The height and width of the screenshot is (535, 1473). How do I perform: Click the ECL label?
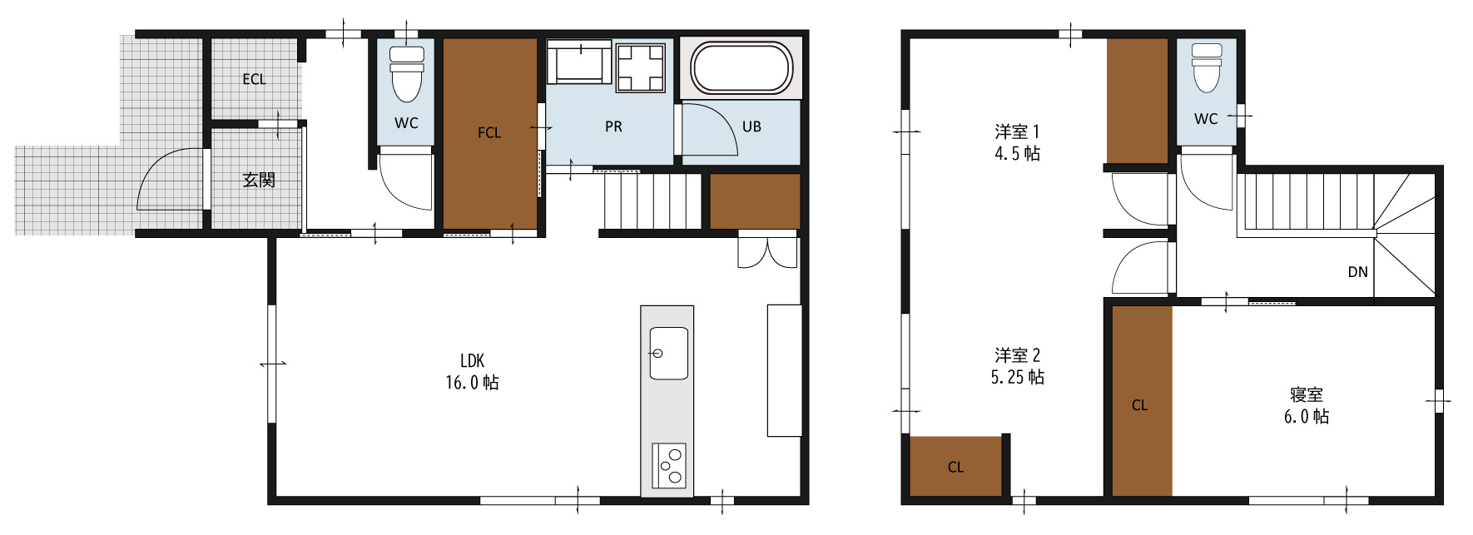[254, 79]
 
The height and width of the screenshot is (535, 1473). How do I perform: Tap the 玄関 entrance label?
[259, 180]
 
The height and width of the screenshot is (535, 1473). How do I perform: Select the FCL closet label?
[489, 132]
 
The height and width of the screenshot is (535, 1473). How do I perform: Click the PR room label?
[613, 126]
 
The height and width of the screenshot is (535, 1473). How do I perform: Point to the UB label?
[751, 126]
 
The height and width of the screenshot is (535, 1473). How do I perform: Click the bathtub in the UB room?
[741, 67]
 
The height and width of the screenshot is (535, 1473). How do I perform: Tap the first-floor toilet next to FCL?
[406, 73]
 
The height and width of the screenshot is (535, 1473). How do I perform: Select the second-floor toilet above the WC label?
[1207, 67]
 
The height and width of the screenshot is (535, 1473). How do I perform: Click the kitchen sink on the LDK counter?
[668, 353]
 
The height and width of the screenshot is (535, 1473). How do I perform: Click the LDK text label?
[472, 360]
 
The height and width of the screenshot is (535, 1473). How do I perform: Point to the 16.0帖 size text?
[472, 382]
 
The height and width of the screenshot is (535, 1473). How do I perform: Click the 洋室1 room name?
[1017, 131]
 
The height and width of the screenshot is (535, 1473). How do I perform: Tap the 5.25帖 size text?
[1017, 377]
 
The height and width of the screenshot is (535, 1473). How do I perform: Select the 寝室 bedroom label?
[1307, 394]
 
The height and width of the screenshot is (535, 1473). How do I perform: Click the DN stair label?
[1357, 271]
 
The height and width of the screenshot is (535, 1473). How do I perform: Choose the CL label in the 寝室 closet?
[1139, 405]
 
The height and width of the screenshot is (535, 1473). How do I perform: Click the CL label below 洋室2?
[955, 467]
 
